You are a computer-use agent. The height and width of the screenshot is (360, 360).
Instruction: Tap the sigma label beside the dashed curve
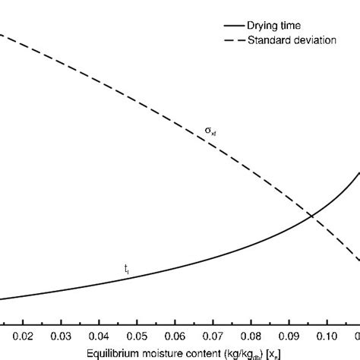pos(210,131)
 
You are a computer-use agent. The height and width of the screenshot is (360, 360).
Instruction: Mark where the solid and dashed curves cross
pos(311,216)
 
